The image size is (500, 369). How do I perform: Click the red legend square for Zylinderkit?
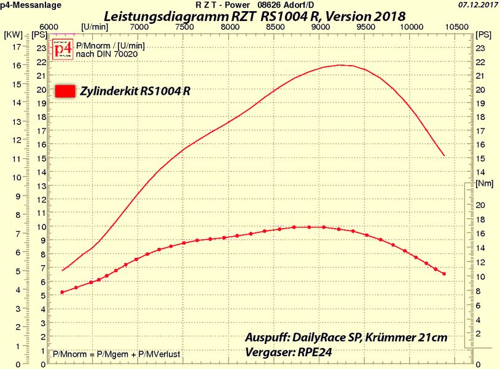coord(66,91)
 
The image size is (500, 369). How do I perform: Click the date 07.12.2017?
coord(477,5)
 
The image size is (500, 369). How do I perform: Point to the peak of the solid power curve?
coord(340,65)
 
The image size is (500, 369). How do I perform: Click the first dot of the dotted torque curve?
coord(62,292)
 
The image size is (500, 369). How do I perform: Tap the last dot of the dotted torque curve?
coord(443,274)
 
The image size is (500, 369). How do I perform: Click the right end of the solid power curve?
coord(444,156)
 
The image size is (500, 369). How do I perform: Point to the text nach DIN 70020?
coord(101,54)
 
